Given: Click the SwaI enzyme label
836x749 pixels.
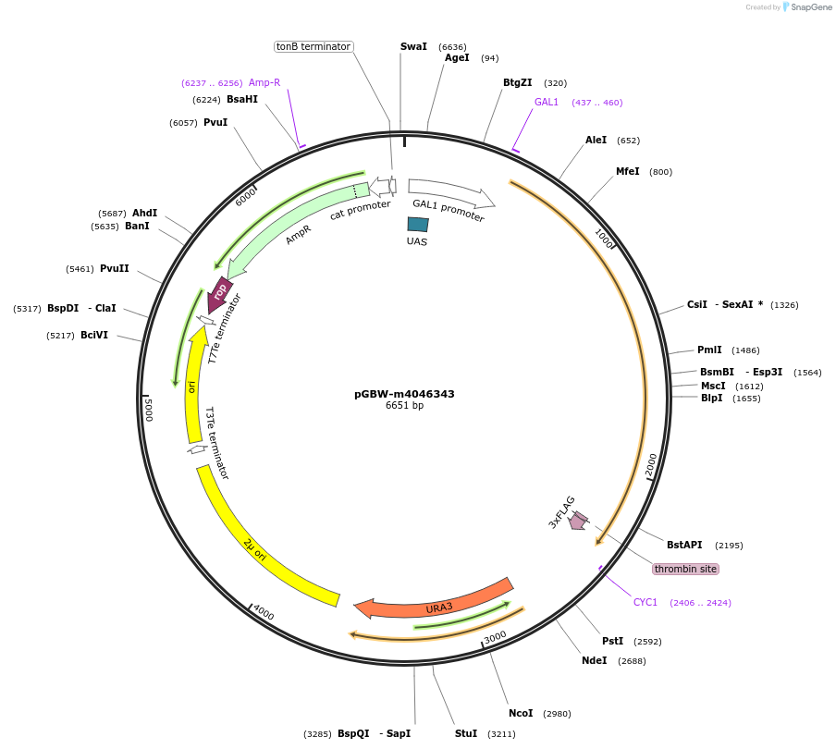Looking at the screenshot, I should [413, 46].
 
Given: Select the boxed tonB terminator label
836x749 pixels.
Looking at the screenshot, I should [313, 46].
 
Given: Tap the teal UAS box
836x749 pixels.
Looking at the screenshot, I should [418, 224].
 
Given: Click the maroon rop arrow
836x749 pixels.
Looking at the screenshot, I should [219, 294].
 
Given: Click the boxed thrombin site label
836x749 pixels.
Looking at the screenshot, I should [685, 569].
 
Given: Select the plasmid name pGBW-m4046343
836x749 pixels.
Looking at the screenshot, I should [404, 394].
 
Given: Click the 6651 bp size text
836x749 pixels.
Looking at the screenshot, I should [404, 406].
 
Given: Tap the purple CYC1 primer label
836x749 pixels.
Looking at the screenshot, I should [645, 602].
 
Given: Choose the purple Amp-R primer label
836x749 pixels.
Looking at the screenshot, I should [264, 82].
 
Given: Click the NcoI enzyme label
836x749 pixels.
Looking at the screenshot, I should [521, 713].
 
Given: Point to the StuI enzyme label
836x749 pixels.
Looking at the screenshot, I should [466, 733].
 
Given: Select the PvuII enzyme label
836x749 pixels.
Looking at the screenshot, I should [115, 268].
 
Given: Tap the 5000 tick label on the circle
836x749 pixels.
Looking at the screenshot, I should [148, 410].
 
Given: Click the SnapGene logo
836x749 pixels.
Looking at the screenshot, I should [807, 7].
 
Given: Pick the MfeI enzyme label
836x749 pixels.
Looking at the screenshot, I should [627, 171].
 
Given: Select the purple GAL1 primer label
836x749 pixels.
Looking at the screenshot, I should [547, 102].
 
